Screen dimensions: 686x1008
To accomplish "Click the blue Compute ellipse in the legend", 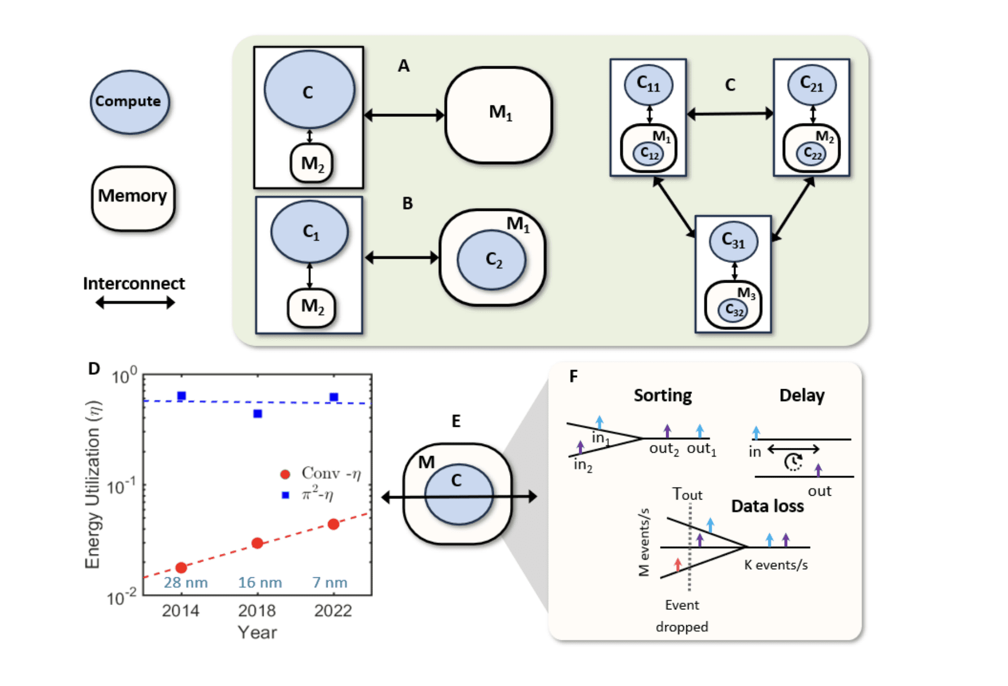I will pyautogui.click(x=129, y=102).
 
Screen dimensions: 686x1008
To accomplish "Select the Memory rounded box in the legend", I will pyautogui.click(x=133, y=198).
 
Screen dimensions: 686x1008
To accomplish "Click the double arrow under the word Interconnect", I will pyautogui.click(x=135, y=302).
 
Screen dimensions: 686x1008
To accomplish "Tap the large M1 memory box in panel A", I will pyautogui.click(x=498, y=115).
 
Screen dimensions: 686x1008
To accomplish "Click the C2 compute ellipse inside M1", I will pyautogui.click(x=491, y=259).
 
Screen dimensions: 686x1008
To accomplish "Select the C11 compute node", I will pyautogui.click(x=648, y=85).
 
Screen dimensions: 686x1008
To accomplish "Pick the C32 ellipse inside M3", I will pyautogui.click(x=733, y=310).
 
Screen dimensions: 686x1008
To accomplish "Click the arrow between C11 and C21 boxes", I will pyautogui.click(x=730, y=114).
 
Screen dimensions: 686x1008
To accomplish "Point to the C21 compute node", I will pyautogui.click(x=812, y=85).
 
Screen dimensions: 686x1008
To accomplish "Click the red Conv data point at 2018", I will pyautogui.click(x=258, y=542).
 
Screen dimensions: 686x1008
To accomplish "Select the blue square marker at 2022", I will pyautogui.click(x=334, y=397).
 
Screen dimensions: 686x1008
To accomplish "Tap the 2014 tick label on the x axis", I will pyautogui.click(x=181, y=610).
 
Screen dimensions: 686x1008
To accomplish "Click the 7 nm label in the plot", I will pyautogui.click(x=330, y=582).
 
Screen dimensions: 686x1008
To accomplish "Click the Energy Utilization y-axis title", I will pyautogui.click(x=93, y=484).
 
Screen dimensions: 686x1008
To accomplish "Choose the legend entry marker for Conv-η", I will pyautogui.click(x=285, y=474).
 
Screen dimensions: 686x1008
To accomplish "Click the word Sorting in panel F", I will pyautogui.click(x=662, y=395).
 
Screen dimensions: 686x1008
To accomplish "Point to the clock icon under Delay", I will pyautogui.click(x=793, y=462).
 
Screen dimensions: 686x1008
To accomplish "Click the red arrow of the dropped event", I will pyautogui.click(x=677, y=564).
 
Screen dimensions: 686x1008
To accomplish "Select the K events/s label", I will pyautogui.click(x=776, y=565).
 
